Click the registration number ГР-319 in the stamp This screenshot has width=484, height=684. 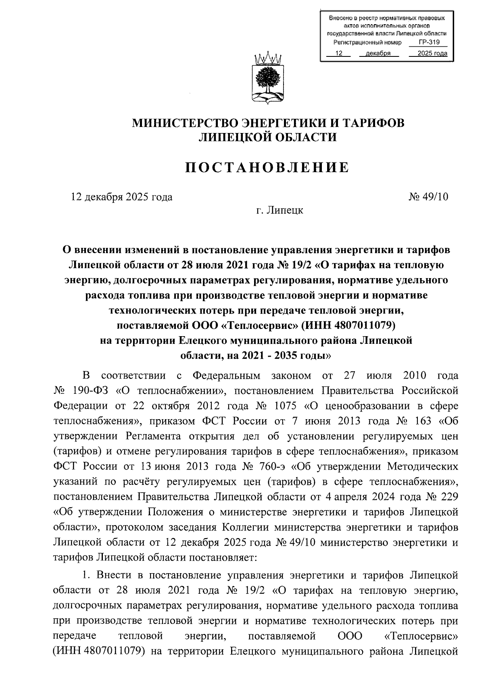[x=429, y=42]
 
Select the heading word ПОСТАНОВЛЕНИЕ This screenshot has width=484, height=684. [x=267, y=167]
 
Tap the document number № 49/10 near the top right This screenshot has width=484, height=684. [x=428, y=197]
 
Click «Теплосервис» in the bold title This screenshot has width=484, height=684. [x=258, y=325]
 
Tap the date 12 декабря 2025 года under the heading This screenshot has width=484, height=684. [x=122, y=197]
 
